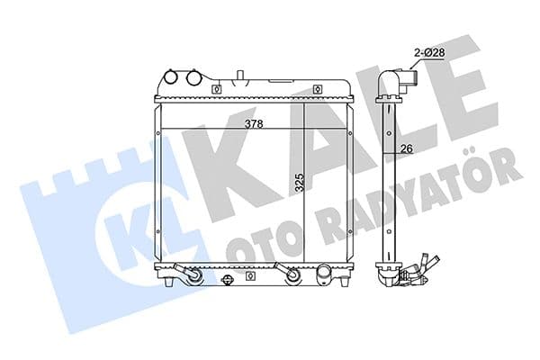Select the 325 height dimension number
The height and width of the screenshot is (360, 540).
pyautogui.click(x=298, y=184)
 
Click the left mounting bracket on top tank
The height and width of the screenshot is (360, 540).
pyautogui.click(x=216, y=88)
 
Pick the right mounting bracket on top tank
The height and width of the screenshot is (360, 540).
pyautogui.click(x=319, y=88)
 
